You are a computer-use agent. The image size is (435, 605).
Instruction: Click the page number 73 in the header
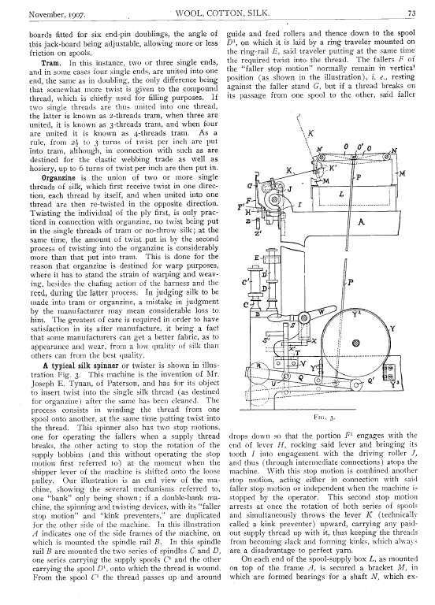click(x=411, y=13)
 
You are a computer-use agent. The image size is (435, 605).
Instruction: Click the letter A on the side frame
click(x=362, y=221)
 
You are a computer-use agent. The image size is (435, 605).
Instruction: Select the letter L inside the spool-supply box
click(x=341, y=195)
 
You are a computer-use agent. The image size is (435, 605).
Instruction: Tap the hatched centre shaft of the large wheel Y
click(x=356, y=342)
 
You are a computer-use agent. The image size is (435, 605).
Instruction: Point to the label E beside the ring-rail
click(x=256, y=258)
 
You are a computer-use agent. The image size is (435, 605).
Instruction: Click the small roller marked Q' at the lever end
click(x=355, y=384)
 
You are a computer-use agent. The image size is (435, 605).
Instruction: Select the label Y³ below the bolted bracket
click(x=394, y=384)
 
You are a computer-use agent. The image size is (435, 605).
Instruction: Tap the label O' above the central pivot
click(x=360, y=147)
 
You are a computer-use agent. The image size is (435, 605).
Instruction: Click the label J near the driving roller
click(x=289, y=188)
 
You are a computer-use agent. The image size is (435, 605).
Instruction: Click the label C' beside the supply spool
click(x=245, y=283)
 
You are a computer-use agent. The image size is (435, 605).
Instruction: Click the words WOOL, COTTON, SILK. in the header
click(x=223, y=13)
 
